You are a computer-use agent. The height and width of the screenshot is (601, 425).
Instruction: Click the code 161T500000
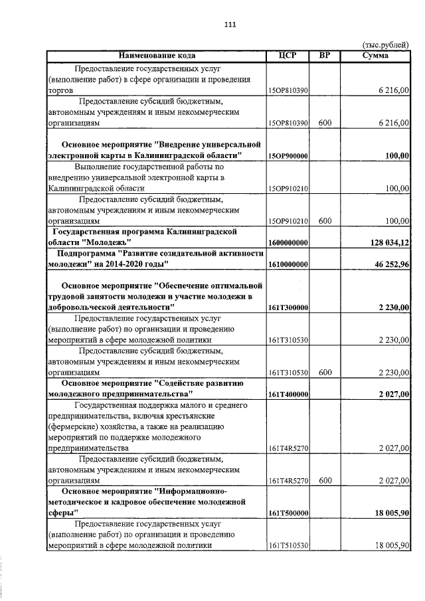click(x=288, y=514)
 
